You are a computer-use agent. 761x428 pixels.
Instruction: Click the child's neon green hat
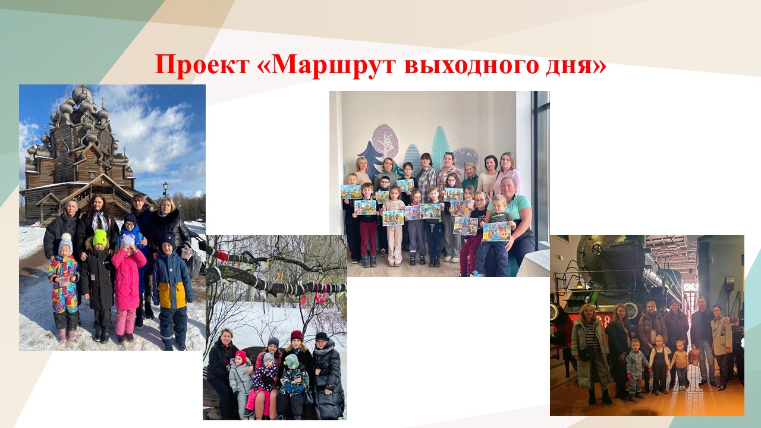100,238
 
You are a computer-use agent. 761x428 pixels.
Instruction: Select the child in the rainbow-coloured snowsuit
64,285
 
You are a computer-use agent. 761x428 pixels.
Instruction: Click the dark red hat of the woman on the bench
296,336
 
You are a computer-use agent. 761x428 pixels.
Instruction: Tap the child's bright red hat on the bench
240,356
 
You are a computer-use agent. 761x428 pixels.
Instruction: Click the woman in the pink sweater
507,172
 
